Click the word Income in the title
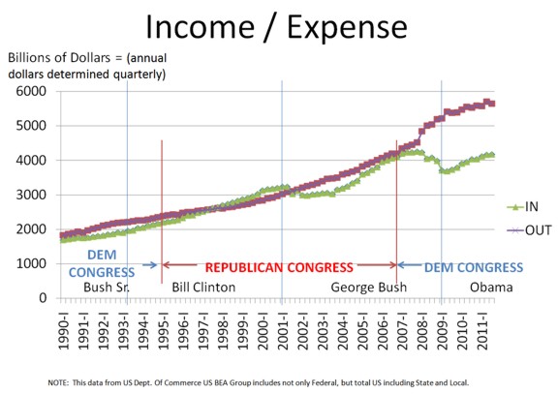201,27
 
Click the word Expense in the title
347,28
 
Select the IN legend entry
523,206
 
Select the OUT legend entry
529,230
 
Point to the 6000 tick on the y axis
31,91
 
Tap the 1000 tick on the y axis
31,263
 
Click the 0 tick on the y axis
43,297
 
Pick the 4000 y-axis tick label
31,161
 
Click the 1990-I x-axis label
64,330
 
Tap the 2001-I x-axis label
283,330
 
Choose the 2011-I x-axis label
482,330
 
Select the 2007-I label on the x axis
403,330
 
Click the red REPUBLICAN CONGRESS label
279,267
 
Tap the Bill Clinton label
203,287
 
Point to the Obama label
491,287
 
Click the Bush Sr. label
107,287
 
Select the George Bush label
369,288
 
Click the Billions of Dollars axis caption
87,66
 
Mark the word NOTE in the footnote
58,382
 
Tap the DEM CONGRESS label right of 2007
474,267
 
